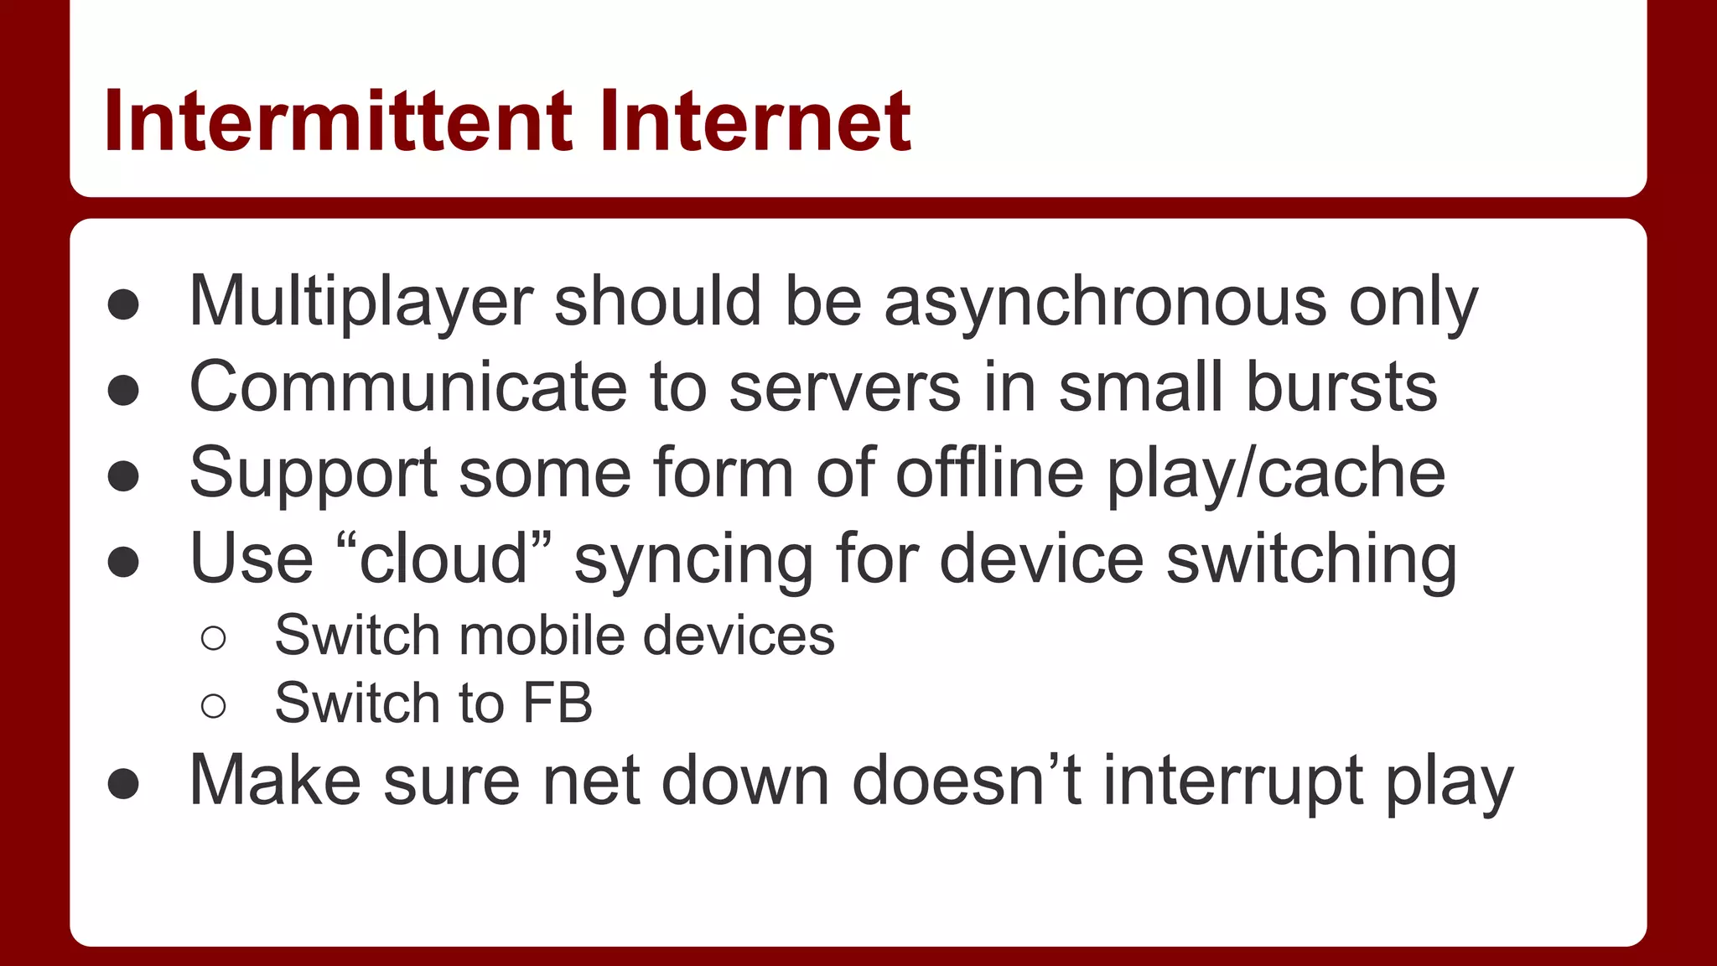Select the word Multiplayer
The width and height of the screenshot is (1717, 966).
[x=361, y=302]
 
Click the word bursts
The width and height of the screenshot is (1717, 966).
[x=1341, y=387]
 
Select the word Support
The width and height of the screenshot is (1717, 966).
[x=313, y=474]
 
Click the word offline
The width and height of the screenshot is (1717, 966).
[x=989, y=474]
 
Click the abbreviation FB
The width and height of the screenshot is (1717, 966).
[x=558, y=703]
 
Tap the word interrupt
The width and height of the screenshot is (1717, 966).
[x=1232, y=781]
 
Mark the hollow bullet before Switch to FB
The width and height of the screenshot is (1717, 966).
[x=214, y=706]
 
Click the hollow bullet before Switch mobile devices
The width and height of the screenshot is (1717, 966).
[x=214, y=638]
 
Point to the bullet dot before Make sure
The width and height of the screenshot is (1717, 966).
[x=123, y=784]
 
